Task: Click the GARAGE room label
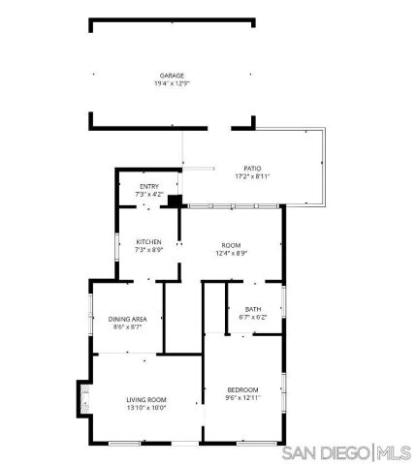click(x=172, y=75)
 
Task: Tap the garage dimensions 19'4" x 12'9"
click(x=172, y=82)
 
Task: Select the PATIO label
click(x=252, y=169)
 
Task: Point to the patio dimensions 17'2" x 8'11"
click(x=252, y=176)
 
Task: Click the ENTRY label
click(x=148, y=187)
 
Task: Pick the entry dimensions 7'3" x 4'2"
click(x=148, y=195)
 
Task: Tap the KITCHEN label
click(x=148, y=241)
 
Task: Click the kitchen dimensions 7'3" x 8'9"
click(x=148, y=249)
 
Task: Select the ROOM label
click(x=231, y=245)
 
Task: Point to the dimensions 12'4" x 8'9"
click(x=231, y=253)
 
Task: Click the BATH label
click(x=252, y=309)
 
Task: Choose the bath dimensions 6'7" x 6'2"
click(x=252, y=317)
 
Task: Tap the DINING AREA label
click(x=126, y=319)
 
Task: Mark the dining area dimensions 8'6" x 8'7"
click(x=126, y=326)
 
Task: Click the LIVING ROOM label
click(x=146, y=399)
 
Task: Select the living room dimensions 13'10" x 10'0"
click(x=146, y=407)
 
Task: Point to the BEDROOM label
click(x=242, y=389)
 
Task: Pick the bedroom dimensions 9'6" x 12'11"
click(x=242, y=397)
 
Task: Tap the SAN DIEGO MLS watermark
click(x=345, y=452)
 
